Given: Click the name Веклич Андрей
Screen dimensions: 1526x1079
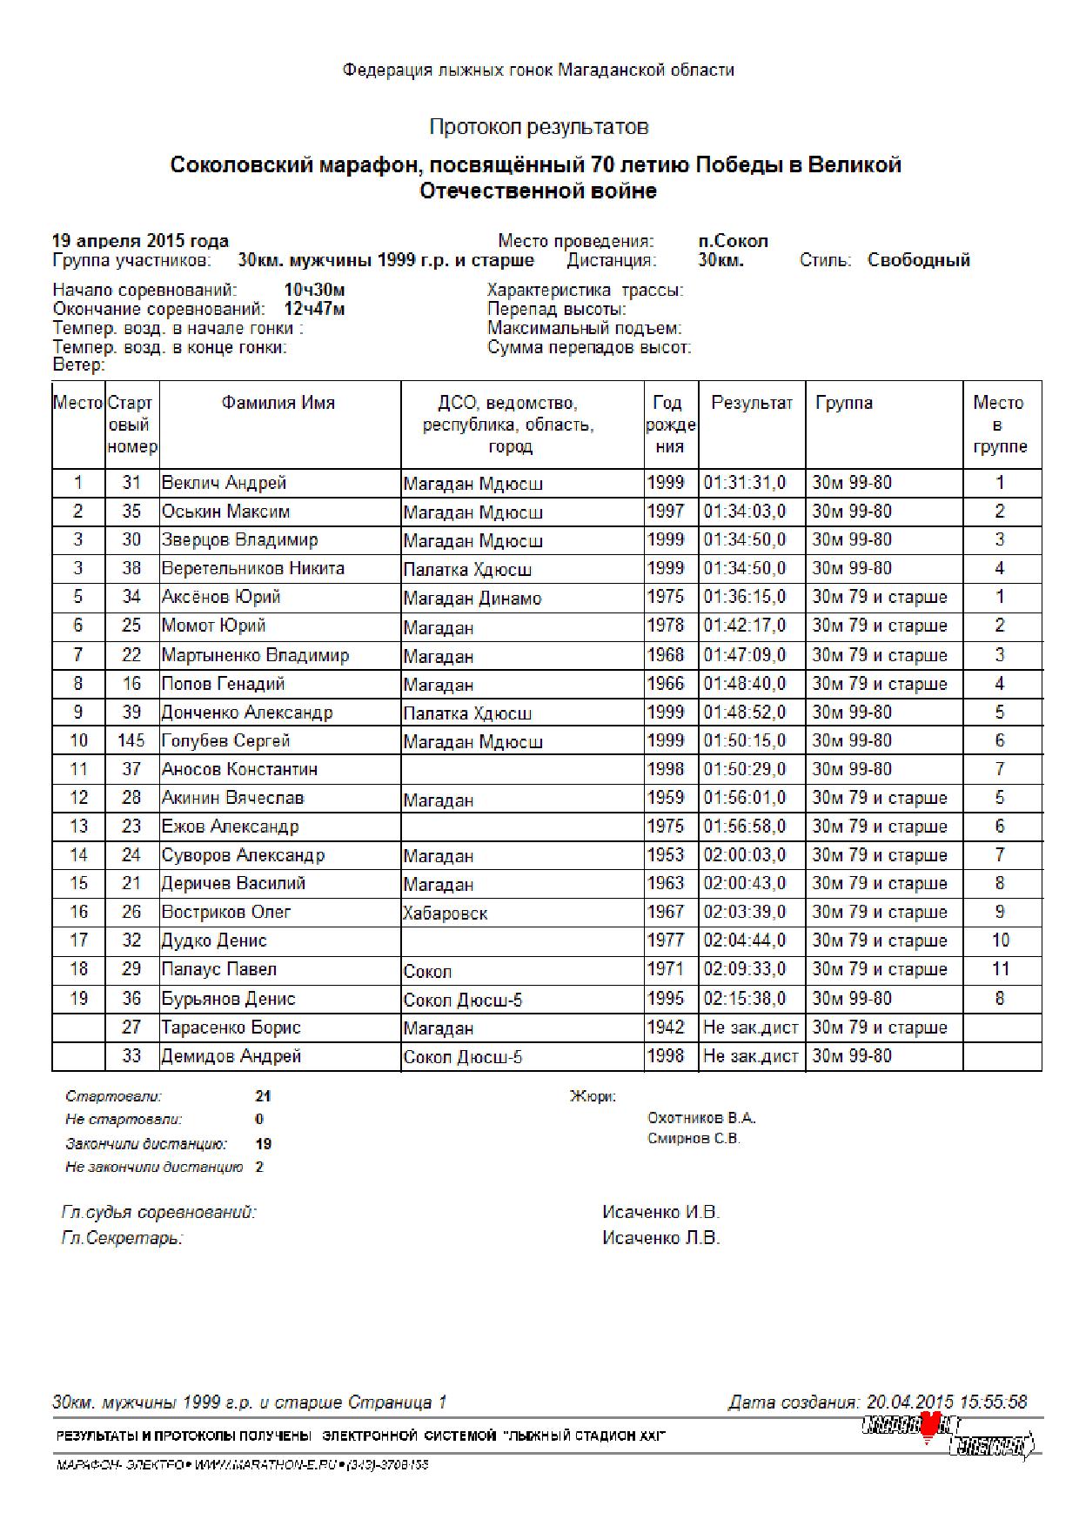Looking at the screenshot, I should point(224,483).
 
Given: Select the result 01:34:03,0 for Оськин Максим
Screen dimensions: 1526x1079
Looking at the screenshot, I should point(745,512).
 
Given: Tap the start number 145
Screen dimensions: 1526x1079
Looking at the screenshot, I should point(131,741).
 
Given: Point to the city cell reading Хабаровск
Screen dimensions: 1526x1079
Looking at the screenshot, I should point(445,914).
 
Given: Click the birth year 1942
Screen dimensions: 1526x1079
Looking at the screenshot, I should point(666,1027).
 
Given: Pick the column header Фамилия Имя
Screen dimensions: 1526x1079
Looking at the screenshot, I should point(278,403).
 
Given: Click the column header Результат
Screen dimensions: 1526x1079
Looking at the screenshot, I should point(752,403).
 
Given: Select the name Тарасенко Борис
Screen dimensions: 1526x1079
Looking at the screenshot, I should point(231,1027).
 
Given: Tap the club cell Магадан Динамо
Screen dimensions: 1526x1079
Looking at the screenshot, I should point(472,599).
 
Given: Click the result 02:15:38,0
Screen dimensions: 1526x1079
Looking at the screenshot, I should point(745,999).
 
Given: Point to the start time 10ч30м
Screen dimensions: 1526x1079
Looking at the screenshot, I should point(314,290).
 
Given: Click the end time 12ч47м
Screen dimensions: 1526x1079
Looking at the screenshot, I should point(314,309).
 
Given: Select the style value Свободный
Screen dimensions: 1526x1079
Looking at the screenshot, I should point(918,260).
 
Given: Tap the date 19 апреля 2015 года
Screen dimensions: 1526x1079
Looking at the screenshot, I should point(140,241).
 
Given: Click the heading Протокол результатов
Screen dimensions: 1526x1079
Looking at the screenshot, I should point(539,127).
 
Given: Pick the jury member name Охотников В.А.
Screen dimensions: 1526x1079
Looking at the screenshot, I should point(701,1118).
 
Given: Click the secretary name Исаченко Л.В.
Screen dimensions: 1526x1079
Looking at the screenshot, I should point(660,1238).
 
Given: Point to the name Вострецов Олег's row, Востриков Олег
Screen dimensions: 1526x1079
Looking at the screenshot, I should point(226,913).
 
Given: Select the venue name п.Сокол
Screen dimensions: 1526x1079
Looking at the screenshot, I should point(733,241).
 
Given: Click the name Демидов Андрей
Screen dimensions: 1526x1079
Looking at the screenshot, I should point(231,1056).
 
